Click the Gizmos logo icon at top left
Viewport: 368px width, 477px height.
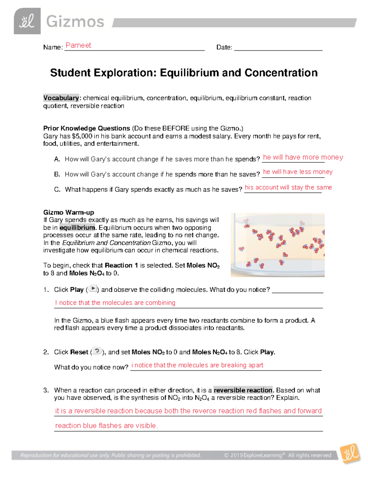[27, 21]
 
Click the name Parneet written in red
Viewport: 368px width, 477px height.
[78, 45]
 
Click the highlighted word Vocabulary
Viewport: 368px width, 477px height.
[61, 98]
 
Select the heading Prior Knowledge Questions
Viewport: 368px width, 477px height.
[86, 128]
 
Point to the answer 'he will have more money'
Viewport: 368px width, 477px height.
[303, 157]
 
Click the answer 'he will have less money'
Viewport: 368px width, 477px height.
[298, 172]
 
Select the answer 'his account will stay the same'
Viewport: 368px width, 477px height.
[288, 187]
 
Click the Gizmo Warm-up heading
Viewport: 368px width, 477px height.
[69, 212]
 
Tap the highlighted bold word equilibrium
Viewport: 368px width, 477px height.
[77, 228]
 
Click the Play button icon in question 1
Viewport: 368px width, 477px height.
[93, 289]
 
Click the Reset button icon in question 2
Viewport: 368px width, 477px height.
[97, 351]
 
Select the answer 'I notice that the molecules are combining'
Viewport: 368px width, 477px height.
[115, 303]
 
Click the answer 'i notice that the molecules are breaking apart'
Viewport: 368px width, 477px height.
[197, 365]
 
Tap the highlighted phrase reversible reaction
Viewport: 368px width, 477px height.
[243, 390]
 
